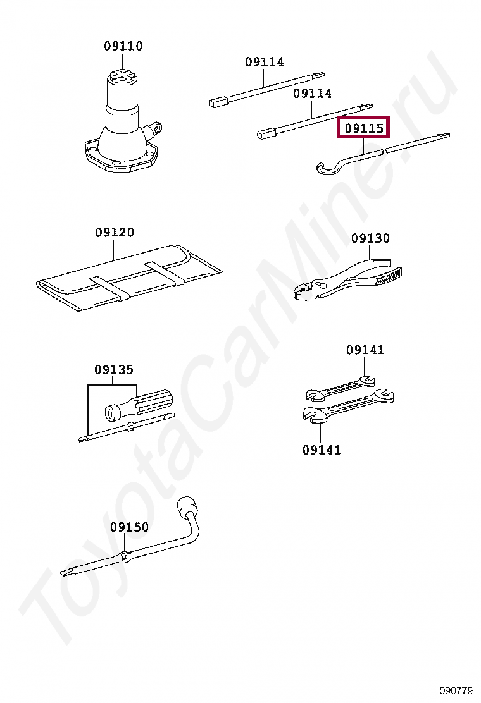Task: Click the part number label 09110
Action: tap(123, 46)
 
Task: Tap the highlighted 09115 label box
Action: tap(364, 128)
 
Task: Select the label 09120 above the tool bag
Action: tap(115, 232)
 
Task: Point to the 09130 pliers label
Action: tap(371, 238)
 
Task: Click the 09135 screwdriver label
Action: tap(114, 369)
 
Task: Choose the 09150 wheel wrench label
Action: tap(130, 527)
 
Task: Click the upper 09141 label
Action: tap(365, 350)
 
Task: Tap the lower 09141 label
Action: tap(322, 449)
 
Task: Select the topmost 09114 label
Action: tap(265, 62)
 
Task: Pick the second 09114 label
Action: tap(312, 94)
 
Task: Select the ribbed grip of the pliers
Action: tap(388, 275)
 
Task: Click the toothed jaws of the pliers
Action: tap(305, 292)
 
